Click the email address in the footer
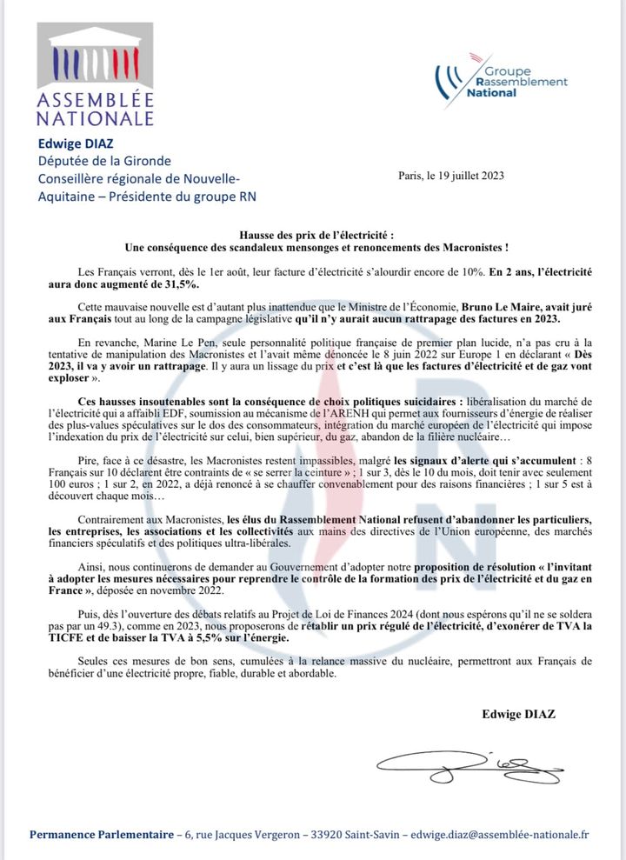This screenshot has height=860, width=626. (501, 834)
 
